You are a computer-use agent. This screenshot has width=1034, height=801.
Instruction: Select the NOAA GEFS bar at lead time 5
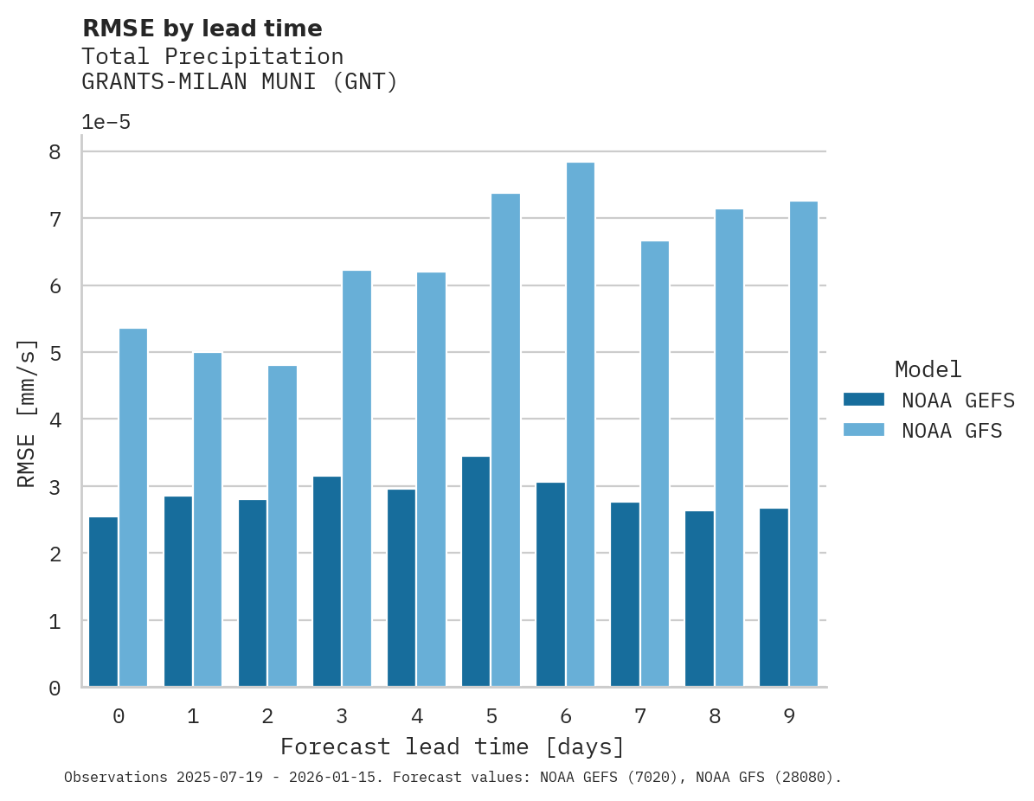tap(476, 571)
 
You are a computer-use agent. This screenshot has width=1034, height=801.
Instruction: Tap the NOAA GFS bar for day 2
tap(282, 526)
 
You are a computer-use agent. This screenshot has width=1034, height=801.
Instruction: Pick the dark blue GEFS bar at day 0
tap(103, 601)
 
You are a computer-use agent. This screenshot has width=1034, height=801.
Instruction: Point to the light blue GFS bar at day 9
tap(804, 444)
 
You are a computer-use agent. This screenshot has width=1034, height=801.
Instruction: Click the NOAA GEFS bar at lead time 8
tap(699, 599)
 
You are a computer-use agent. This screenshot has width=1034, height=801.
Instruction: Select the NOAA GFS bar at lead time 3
tap(356, 478)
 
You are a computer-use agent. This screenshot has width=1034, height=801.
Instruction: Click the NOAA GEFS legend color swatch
tap(864, 399)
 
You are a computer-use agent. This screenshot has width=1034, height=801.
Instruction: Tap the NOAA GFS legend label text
tap(952, 431)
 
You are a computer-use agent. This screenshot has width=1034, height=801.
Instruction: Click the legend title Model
tap(928, 369)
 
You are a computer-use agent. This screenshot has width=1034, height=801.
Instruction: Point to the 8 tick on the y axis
tap(55, 152)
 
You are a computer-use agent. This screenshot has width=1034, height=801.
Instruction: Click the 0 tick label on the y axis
tap(55, 689)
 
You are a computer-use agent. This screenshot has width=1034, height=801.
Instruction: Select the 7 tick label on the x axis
tap(640, 716)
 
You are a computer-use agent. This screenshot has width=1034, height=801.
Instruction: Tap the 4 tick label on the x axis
tap(417, 716)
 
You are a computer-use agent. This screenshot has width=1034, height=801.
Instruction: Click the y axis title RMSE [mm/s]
tap(28, 413)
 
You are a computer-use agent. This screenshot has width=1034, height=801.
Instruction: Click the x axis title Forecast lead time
tap(452, 747)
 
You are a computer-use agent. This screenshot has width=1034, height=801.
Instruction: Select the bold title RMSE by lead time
tap(202, 29)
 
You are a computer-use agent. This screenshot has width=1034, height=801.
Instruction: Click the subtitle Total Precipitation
tap(212, 57)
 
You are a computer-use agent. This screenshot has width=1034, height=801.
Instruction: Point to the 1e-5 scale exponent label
tap(106, 123)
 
